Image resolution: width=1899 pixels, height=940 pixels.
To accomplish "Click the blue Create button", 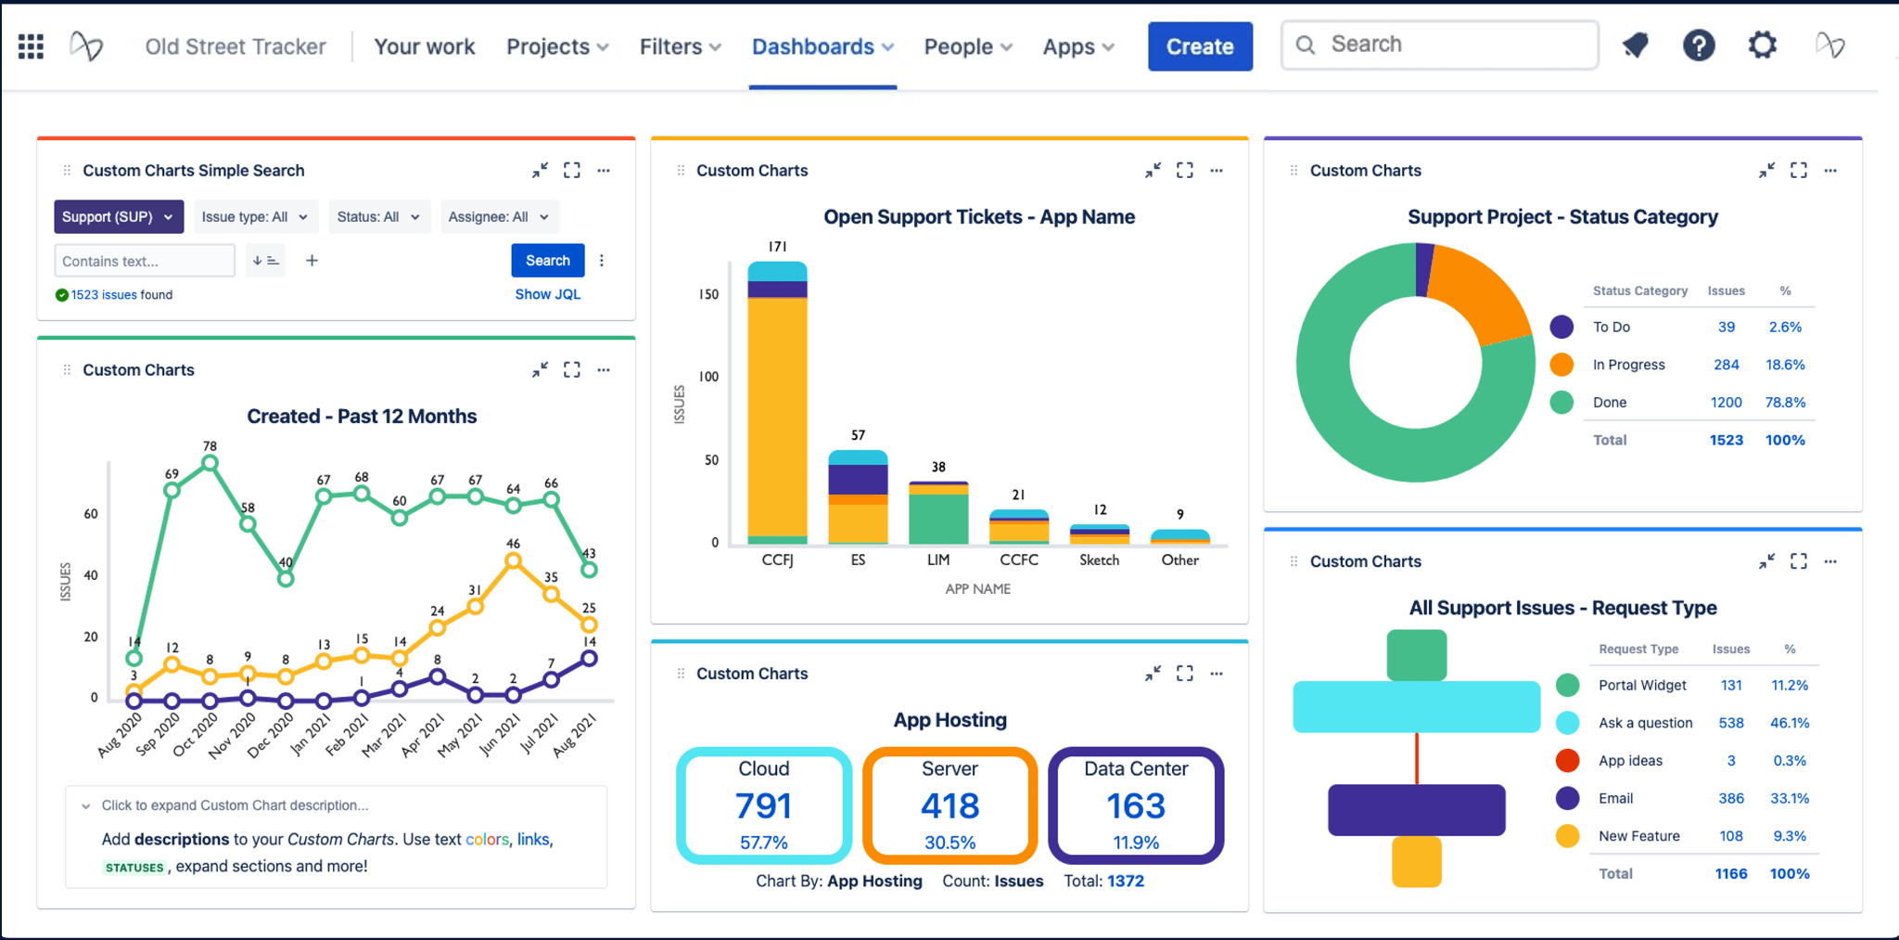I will pos(1200,46).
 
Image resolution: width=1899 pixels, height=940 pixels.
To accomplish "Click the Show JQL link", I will pos(547,294).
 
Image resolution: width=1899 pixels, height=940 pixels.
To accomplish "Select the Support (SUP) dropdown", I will pos(118,217).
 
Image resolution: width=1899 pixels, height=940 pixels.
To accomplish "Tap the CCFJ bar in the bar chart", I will pos(777,418).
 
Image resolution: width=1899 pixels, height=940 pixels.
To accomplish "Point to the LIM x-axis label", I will pos(938,560).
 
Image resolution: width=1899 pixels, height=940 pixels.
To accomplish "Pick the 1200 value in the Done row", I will pos(1726,403).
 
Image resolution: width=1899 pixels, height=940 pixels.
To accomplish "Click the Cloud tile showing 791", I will pos(764,805).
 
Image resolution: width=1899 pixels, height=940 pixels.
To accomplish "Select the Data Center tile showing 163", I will pos(1136,805).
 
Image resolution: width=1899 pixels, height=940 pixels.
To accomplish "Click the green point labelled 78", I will pos(210,463).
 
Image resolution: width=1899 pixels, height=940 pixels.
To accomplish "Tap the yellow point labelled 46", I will pos(513,560).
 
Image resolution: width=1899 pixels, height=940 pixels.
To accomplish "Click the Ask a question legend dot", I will pos(1567,723).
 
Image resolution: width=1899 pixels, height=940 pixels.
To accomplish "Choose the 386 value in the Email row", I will pos(1730,798).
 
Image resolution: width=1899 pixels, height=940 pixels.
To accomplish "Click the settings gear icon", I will pos(1762,45).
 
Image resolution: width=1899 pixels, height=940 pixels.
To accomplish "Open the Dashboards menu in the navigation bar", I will pos(822,46).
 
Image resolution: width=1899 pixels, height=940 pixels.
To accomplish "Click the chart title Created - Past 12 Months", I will pos(362,417).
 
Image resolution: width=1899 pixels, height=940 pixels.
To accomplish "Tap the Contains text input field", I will pos(145,261).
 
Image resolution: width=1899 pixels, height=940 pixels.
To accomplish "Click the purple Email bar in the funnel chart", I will pos(1416,809).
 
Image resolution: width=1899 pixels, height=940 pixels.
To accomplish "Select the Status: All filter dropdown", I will pos(378,217).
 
